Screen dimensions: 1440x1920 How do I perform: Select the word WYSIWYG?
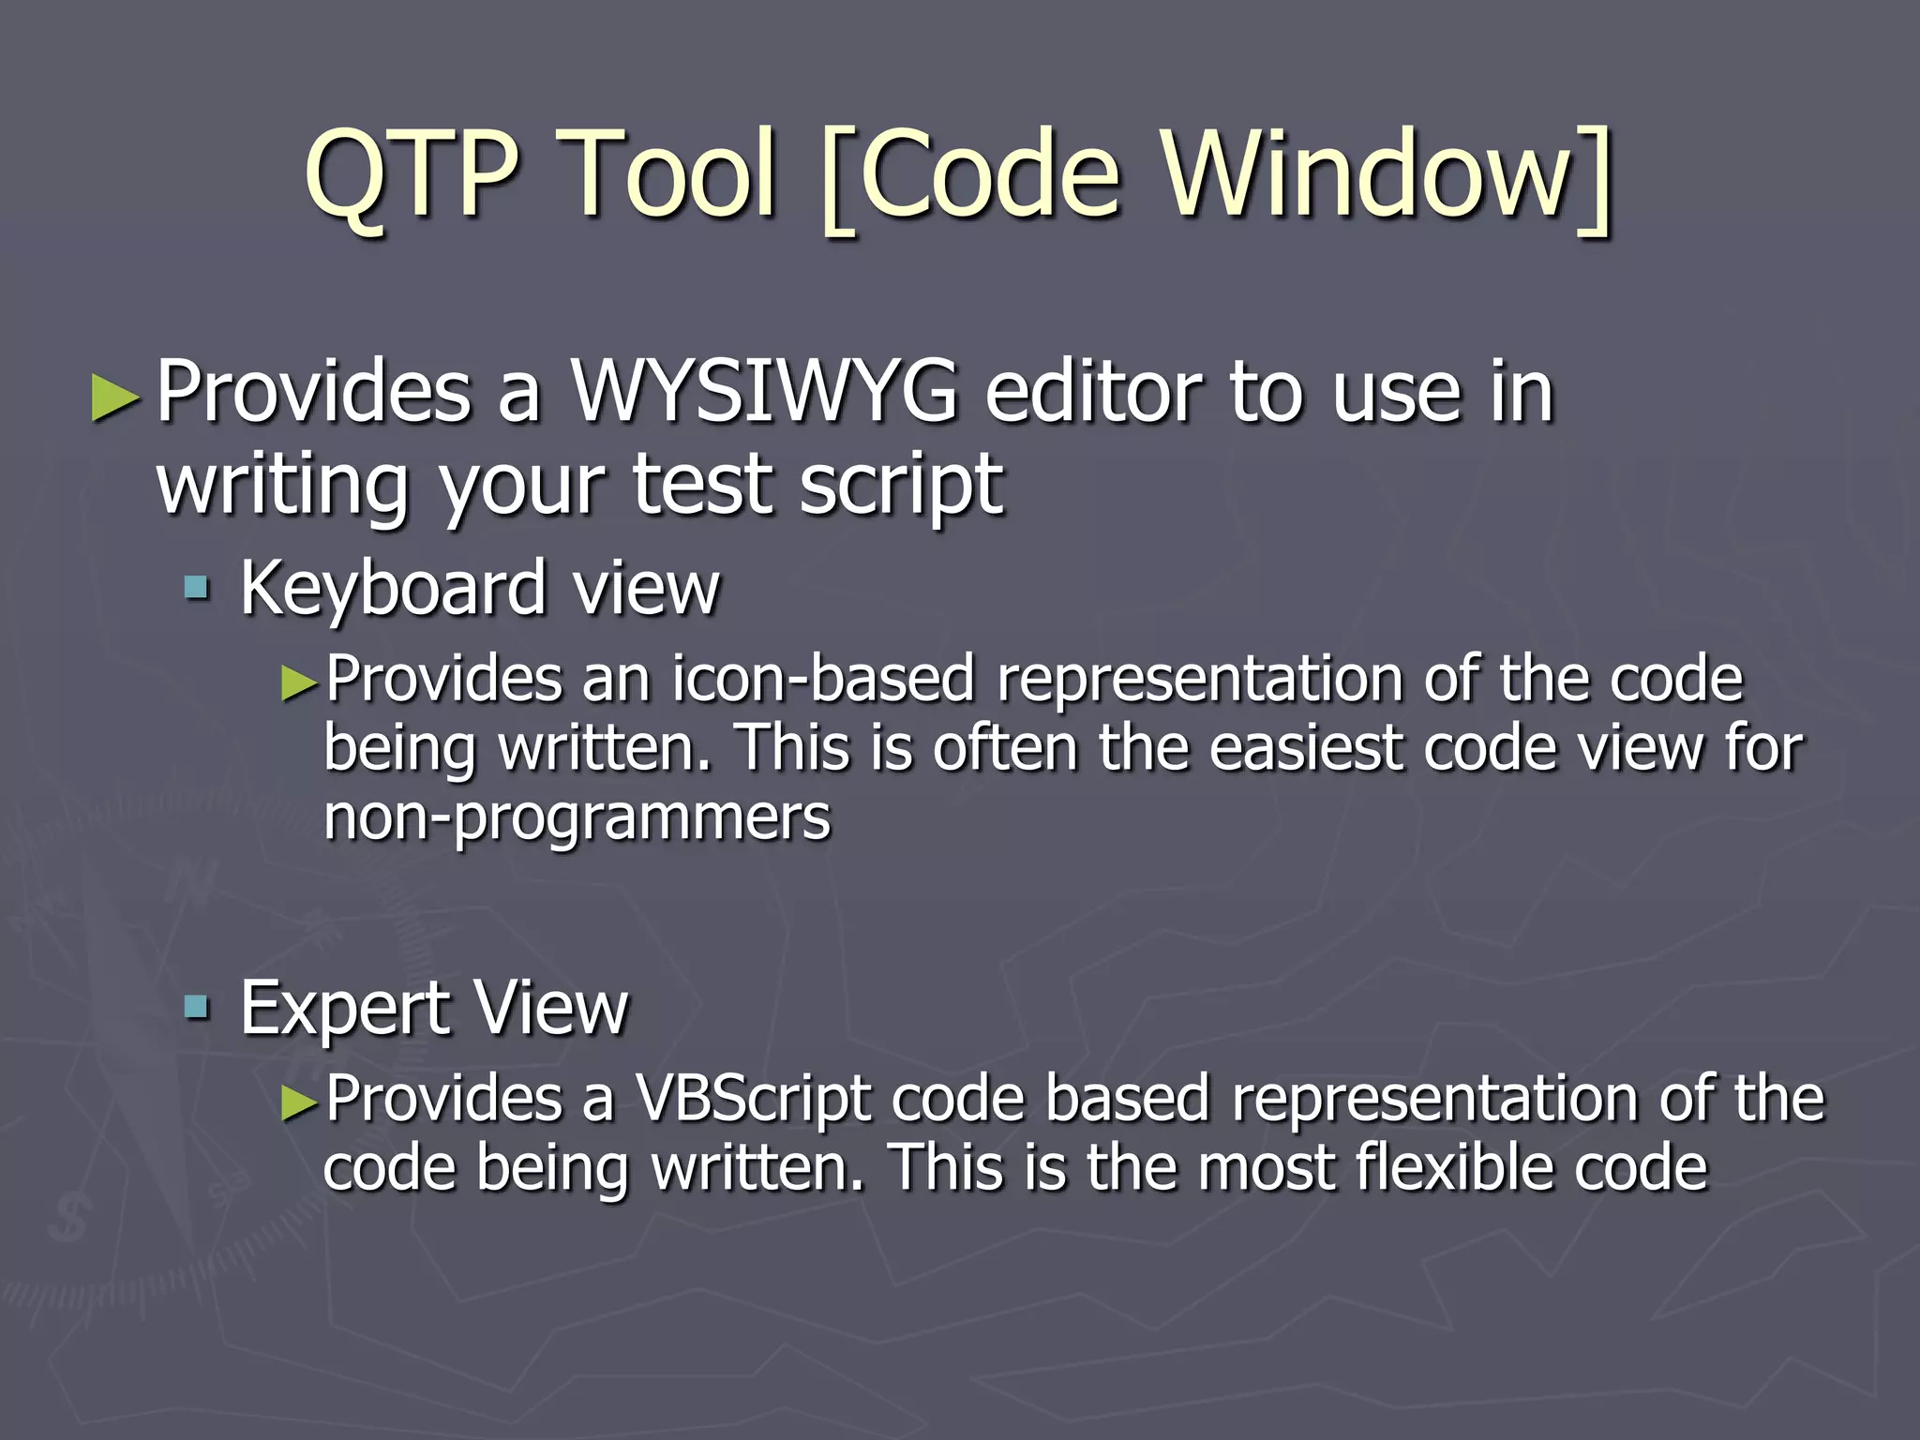(x=765, y=392)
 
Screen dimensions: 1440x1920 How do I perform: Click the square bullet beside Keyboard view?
(x=197, y=589)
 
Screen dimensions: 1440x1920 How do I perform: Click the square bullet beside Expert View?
(x=197, y=1009)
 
